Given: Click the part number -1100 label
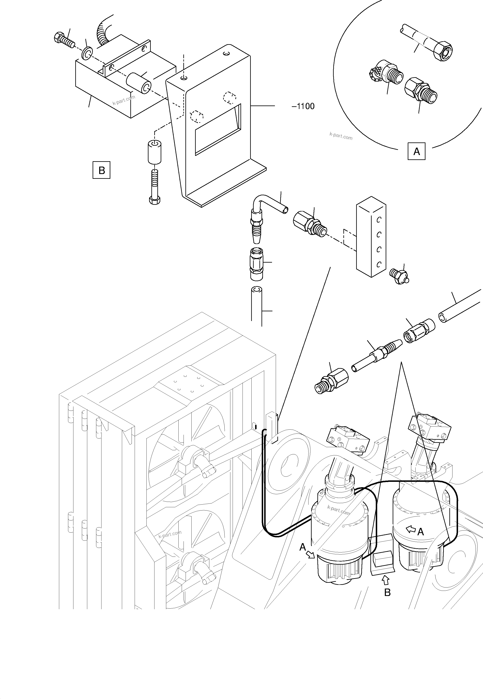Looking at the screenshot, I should (303, 106).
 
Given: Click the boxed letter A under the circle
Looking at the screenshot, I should (416, 151).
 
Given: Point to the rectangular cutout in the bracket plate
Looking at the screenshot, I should (218, 130).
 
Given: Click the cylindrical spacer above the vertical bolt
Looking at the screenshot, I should (154, 152).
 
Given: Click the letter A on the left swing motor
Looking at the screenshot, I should (303, 547).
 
